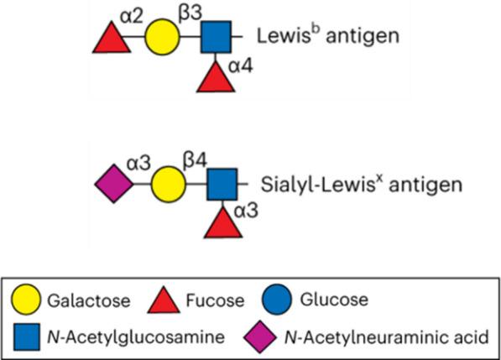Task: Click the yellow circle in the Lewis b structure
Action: pos(162,38)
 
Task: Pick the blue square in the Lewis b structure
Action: pos(216,38)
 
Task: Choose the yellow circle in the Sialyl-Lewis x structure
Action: pos(168,184)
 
